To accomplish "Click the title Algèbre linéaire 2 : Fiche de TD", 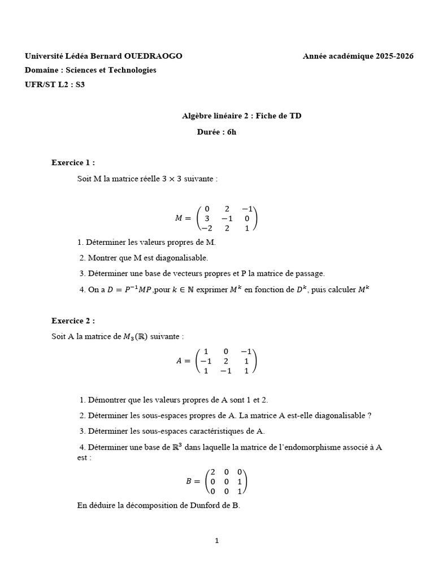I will click(x=241, y=116).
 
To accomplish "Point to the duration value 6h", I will click(x=231, y=132).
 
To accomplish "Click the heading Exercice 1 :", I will click(x=73, y=163).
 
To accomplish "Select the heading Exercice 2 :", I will click(x=73, y=321).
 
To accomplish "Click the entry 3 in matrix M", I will click(x=207, y=218).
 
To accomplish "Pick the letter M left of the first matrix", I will click(x=179, y=218).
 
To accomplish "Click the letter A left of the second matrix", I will click(x=180, y=361).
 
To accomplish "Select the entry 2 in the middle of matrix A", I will click(x=226, y=361).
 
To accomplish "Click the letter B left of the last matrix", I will click(x=189, y=482).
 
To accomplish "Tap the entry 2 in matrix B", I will click(x=212, y=472).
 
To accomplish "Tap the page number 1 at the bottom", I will click(x=217, y=541).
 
